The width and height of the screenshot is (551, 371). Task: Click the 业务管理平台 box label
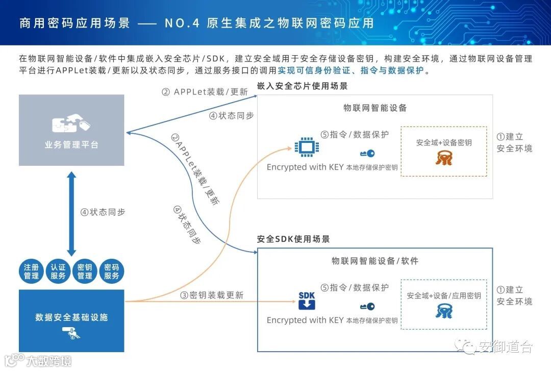pyautogui.click(x=71, y=145)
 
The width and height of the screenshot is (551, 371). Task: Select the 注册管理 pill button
pyautogui.click(x=31, y=271)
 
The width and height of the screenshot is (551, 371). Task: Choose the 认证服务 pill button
pyautogui.click(x=58, y=271)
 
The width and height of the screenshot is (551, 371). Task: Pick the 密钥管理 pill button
pyautogui.click(x=85, y=271)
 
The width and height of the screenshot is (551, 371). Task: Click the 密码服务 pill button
pyautogui.click(x=111, y=271)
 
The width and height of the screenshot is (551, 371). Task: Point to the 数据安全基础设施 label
pyautogui.click(x=71, y=317)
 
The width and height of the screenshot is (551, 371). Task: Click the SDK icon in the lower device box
pyautogui.click(x=307, y=301)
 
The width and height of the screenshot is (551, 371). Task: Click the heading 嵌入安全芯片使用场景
pyautogui.click(x=302, y=86)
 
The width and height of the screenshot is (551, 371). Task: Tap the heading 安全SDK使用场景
pyautogui.click(x=293, y=239)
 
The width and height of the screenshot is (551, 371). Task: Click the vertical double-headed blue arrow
pyautogui.click(x=71, y=213)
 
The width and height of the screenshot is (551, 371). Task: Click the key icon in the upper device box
pyautogui.click(x=367, y=153)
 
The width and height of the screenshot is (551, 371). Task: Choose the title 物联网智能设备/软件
pyautogui.click(x=375, y=261)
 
